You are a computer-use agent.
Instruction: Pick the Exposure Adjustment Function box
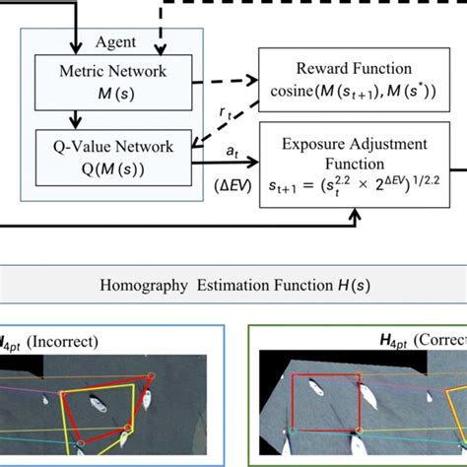[349, 163]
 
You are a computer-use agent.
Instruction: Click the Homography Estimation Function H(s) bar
[233, 287]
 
